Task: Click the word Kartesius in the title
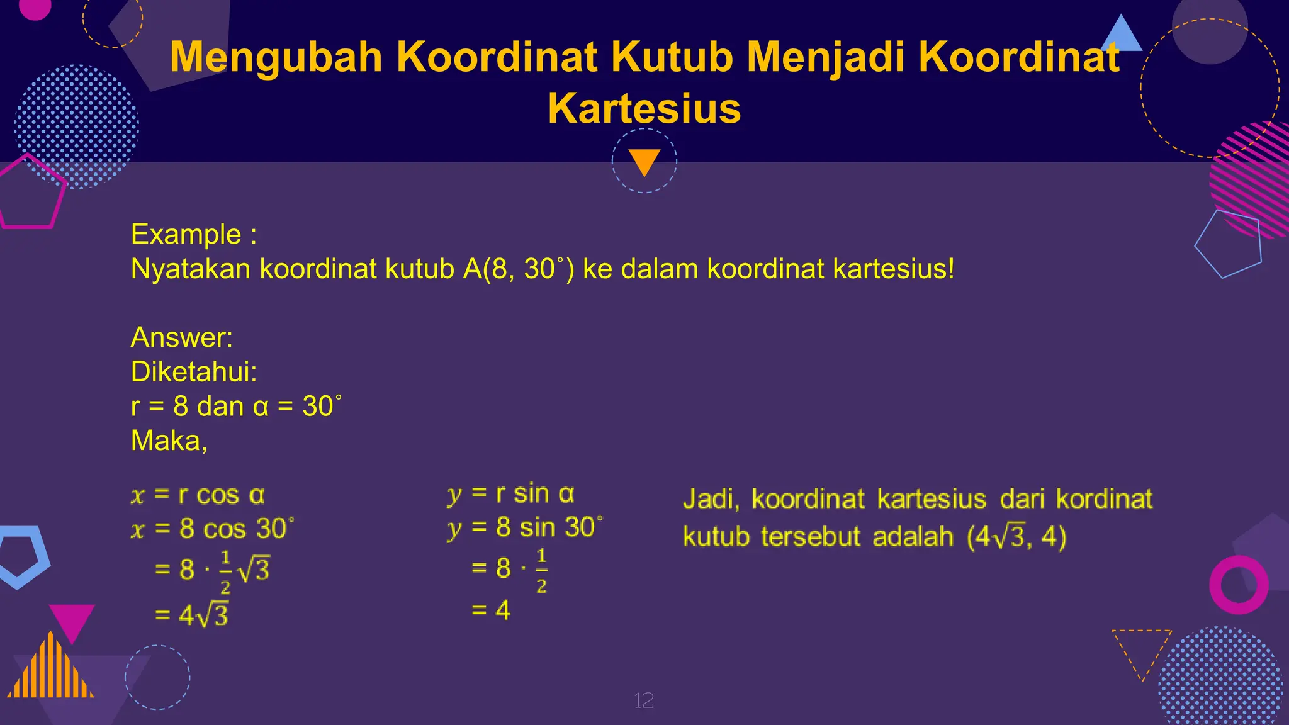tap(644, 108)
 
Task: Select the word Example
tap(186, 234)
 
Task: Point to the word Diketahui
tap(193, 372)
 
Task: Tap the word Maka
tap(168, 441)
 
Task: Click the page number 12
tap(644, 700)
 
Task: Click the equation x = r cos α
tap(198, 495)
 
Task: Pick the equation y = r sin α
tap(510, 494)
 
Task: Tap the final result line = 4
tap(491, 610)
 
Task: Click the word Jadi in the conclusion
tap(710, 499)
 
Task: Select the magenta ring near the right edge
tap(1239, 585)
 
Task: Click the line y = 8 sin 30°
tap(524, 527)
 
